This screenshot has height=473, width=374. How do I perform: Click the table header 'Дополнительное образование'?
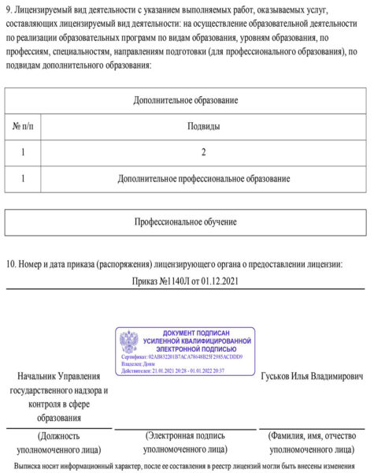186,101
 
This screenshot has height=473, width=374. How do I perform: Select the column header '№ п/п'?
24,126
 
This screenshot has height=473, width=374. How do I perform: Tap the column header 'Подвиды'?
203,126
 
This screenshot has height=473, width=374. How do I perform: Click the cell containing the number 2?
203,152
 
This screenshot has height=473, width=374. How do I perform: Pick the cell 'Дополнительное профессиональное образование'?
203,179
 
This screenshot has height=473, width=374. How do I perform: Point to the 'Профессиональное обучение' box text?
186,222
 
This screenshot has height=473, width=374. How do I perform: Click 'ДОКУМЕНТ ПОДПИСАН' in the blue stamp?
196,333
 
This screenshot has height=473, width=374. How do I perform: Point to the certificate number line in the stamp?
182,357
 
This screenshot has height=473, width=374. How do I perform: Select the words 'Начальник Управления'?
59,378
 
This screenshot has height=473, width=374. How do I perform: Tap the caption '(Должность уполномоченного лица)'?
59,441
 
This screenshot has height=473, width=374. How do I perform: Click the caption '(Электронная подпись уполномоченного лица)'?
185,441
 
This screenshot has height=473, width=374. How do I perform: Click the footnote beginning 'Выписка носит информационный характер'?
186,465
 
